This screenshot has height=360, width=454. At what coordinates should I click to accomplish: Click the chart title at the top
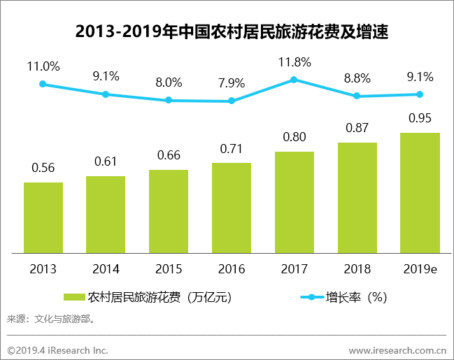pos(227,31)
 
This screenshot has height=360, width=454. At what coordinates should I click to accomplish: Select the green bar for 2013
pos(43,217)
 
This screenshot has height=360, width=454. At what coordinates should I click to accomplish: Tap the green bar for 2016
pos(231,207)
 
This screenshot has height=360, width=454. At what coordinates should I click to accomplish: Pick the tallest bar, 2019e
pos(420,192)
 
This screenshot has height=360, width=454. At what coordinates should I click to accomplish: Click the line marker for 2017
pos(294,80)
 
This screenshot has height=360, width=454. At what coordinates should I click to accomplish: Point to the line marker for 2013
pos(43,84)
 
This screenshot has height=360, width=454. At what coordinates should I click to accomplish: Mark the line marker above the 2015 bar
pos(169,100)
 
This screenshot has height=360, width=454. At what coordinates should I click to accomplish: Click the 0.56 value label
pos(43,168)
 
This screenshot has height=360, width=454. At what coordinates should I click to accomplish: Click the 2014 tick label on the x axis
pos(106,268)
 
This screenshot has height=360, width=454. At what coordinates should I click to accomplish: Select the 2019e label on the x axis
pos(420,268)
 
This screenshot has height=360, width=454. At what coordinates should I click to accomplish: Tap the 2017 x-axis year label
pos(294,268)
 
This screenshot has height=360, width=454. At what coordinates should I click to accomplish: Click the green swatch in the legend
pos(74,297)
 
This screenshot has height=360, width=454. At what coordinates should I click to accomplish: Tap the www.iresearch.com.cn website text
pos(397,349)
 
